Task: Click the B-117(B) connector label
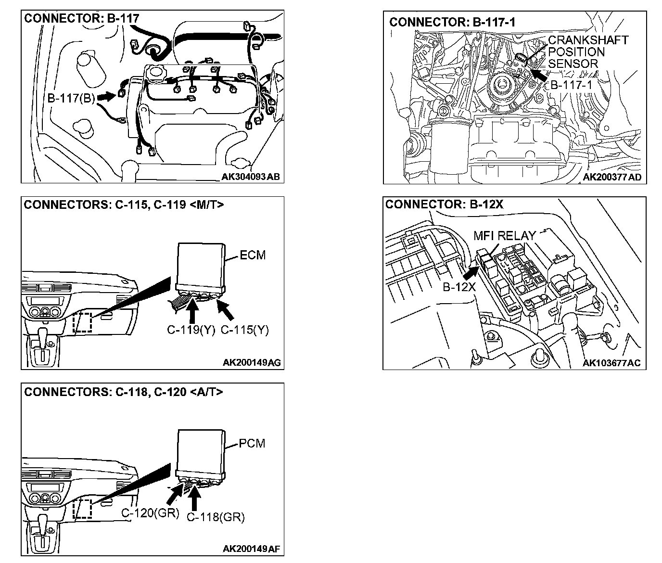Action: click(71, 99)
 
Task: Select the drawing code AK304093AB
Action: click(250, 177)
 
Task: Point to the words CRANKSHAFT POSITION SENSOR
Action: click(588, 51)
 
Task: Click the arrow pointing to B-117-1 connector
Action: click(540, 75)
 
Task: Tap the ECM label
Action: click(253, 255)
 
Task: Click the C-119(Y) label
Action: click(191, 330)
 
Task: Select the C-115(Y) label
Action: click(244, 330)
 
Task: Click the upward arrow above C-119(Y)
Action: click(192, 311)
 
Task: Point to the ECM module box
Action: click(201, 265)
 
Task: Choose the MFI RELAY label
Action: click(504, 236)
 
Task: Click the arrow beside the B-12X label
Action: click(471, 272)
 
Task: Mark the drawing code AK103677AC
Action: click(611, 363)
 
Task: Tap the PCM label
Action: click(252, 443)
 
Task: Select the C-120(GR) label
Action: click(150, 513)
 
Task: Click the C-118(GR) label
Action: click(216, 517)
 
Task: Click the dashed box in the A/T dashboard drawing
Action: click(82, 509)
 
